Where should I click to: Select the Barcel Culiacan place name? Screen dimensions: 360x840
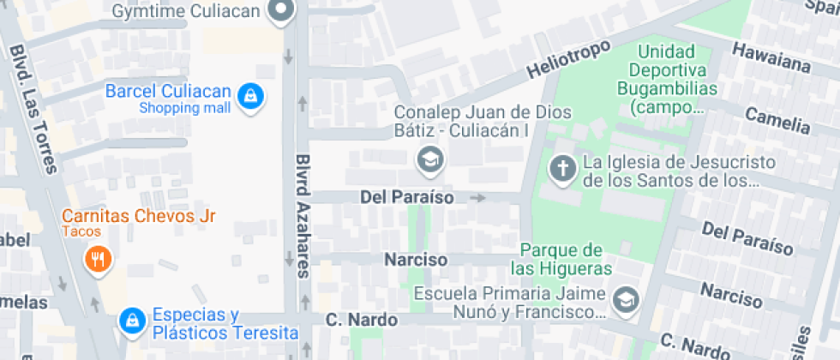(168, 91)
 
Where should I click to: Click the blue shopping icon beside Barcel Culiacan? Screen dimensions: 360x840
(249, 96)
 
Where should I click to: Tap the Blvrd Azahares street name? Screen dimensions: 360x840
(303, 216)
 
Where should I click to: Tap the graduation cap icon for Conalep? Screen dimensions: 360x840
(428, 159)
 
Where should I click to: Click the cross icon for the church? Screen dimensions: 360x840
(561, 169)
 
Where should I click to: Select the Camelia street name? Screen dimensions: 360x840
(777, 120)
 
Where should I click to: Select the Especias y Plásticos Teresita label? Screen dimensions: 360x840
(225, 324)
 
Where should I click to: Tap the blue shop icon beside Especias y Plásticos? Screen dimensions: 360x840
(131, 321)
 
